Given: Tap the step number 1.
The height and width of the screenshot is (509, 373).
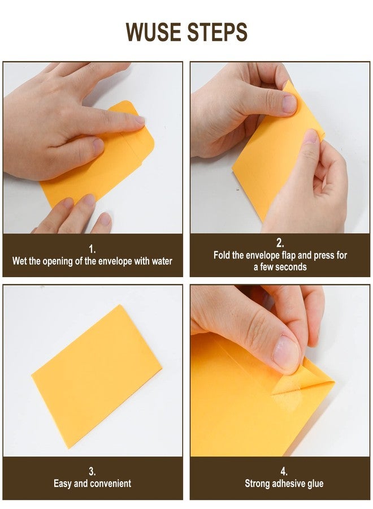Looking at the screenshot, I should tap(92, 248).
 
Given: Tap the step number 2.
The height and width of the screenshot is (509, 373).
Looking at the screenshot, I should tap(280, 243).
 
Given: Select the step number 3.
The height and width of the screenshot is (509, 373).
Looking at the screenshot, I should tap(92, 471).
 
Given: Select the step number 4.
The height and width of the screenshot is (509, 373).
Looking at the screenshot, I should tap(284, 471).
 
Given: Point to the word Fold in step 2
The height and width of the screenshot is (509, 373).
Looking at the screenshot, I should tap(222, 255).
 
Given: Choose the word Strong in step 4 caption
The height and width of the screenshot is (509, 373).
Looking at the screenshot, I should tap(258, 484).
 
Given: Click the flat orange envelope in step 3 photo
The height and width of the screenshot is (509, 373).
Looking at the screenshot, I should tap(96, 373).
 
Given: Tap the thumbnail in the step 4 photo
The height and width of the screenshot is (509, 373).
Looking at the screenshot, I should tap(286, 354).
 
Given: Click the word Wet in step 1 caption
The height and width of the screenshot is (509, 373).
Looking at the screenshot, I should tap(20, 261).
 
